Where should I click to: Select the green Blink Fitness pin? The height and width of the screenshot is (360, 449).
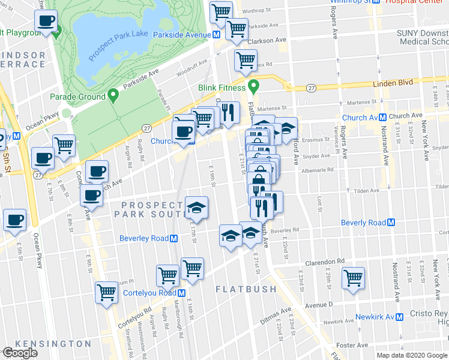[253, 87]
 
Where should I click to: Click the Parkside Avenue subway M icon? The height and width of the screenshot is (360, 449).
[215, 35]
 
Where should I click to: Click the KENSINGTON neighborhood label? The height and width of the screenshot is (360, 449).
[53, 344]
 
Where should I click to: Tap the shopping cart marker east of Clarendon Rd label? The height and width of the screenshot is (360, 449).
[353, 277]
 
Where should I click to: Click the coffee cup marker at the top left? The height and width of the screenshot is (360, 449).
[45, 22]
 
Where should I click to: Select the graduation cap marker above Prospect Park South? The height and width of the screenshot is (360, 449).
[196, 207]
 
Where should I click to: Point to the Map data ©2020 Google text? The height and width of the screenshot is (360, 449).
[411, 355]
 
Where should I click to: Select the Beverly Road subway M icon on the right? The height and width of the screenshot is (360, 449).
[391, 223]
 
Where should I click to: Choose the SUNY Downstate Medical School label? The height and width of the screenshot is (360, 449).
[423, 40]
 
